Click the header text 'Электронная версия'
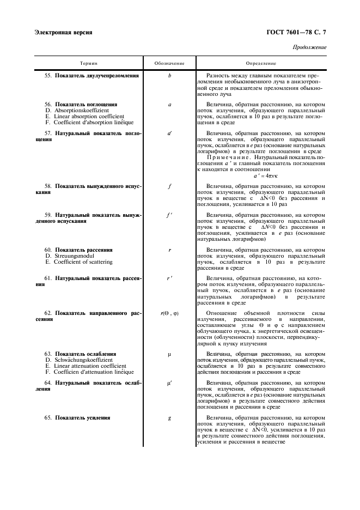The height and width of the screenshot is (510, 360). (63, 32)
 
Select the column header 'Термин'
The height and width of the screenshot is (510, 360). (89, 64)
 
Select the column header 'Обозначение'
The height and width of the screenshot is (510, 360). (169, 64)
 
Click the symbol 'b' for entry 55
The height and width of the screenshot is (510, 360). (169, 76)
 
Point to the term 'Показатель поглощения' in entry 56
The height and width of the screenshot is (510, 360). (86, 104)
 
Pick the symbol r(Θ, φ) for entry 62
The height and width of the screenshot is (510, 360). (169, 313)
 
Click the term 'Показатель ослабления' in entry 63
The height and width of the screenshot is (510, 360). (86, 354)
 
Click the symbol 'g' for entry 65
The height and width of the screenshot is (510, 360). (169, 418)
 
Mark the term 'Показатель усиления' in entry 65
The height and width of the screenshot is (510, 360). (82, 418)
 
